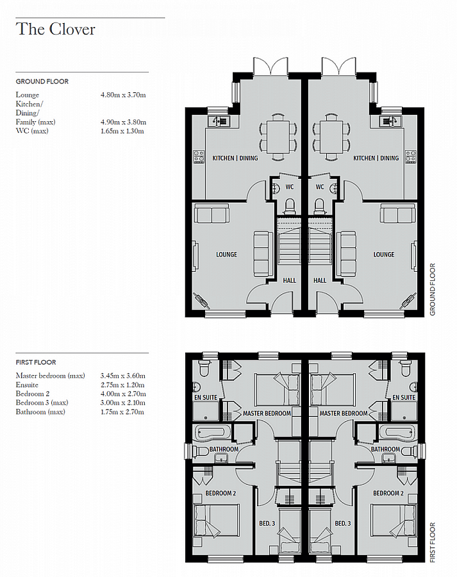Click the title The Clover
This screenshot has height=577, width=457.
tap(56, 29)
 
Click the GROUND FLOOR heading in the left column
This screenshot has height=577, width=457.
tap(42, 81)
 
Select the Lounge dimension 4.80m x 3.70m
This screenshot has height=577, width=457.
tap(123, 95)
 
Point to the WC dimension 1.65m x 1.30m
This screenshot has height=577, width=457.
tap(123, 131)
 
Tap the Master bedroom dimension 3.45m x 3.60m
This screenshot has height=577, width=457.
tap(123, 375)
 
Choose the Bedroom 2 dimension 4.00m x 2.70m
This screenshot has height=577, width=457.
tap(123, 393)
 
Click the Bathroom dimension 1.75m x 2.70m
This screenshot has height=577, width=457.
tap(123, 411)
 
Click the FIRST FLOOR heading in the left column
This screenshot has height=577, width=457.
tap(38, 362)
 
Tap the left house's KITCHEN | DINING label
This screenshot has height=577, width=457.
tap(235, 158)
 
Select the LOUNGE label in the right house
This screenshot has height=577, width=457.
tap(384, 255)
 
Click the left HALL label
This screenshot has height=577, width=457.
tap(290, 280)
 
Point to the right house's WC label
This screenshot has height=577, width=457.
tap(320, 188)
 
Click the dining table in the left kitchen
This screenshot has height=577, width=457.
tap(278, 137)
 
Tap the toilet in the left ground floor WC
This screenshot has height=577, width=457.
tap(289, 205)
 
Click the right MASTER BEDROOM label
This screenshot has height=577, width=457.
tap(344, 414)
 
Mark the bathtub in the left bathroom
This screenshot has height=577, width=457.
tap(211, 432)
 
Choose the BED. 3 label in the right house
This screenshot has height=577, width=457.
tap(343, 524)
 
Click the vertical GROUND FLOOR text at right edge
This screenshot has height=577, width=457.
tap(432, 289)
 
